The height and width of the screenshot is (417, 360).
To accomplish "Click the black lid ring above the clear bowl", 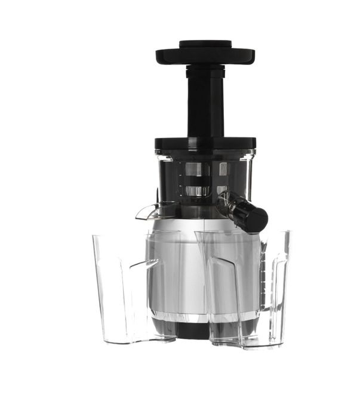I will tap(205, 143).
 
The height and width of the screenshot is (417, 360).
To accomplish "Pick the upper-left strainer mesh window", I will tap(196, 169).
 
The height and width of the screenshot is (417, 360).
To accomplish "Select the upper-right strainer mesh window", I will tap(223, 169).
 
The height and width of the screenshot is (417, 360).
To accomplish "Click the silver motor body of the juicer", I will tap(179, 268).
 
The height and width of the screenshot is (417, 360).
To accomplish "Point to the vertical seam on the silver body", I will tap(203, 268).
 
